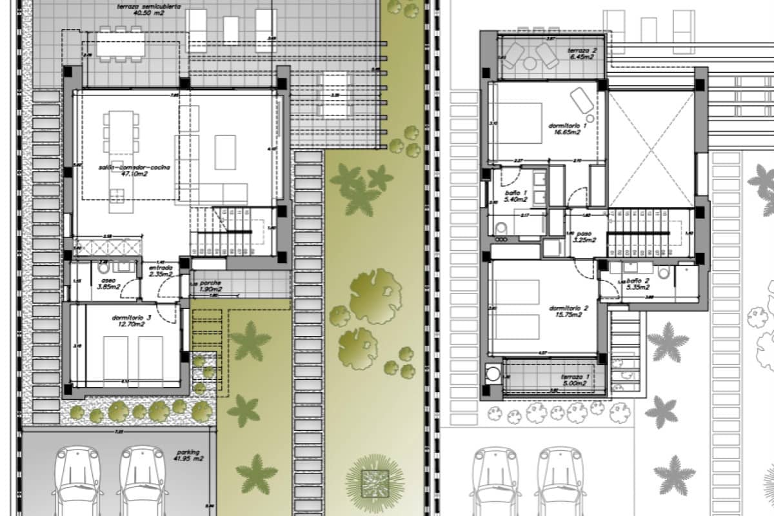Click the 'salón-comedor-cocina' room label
pos(134,168)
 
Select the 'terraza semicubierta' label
pos(139,6)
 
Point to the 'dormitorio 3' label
pos(130,317)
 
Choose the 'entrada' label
pos(161,268)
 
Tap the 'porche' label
pos(210,283)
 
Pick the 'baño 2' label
pos(637,281)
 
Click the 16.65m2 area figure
pos(566,132)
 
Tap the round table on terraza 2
pos(530,63)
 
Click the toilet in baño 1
pos(501,228)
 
